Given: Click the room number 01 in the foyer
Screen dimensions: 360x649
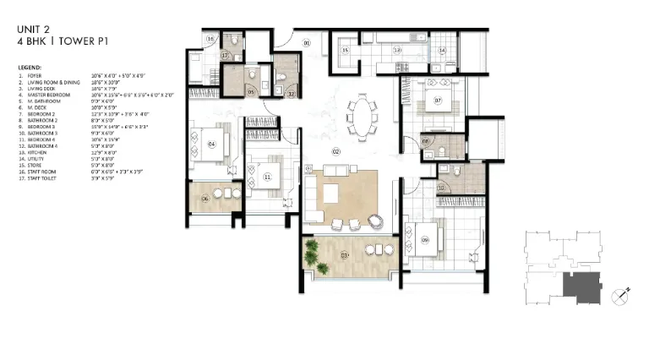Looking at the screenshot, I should (307, 41).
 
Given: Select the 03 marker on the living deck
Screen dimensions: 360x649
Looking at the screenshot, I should (345, 254).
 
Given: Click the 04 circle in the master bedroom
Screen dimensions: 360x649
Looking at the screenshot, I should (210, 145).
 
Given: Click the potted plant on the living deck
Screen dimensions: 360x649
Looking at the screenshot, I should (314, 250).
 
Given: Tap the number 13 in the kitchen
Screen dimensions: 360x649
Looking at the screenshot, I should (397, 51).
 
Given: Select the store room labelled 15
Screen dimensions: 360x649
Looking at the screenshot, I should (346, 51).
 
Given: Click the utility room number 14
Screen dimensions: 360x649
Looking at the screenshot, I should (442, 51).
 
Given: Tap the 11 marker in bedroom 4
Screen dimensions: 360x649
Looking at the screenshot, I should (267, 177).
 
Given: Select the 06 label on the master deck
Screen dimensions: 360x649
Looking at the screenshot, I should (206, 199).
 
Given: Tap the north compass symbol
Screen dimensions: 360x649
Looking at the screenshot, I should (620, 295).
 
